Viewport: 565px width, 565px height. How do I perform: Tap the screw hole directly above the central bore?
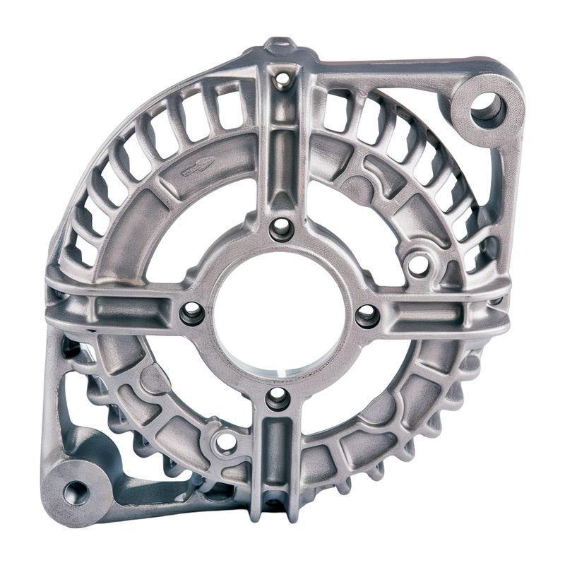[x=281, y=228]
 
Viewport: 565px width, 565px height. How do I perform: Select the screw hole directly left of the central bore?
[x=192, y=313]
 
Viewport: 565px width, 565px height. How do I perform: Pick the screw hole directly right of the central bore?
[x=367, y=316]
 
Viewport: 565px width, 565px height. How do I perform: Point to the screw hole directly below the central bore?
[x=278, y=398]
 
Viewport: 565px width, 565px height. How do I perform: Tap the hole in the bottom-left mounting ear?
[x=76, y=492]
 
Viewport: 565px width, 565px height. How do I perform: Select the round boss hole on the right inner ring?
[x=418, y=265]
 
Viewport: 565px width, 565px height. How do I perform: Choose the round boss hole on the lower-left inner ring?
[x=225, y=443]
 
